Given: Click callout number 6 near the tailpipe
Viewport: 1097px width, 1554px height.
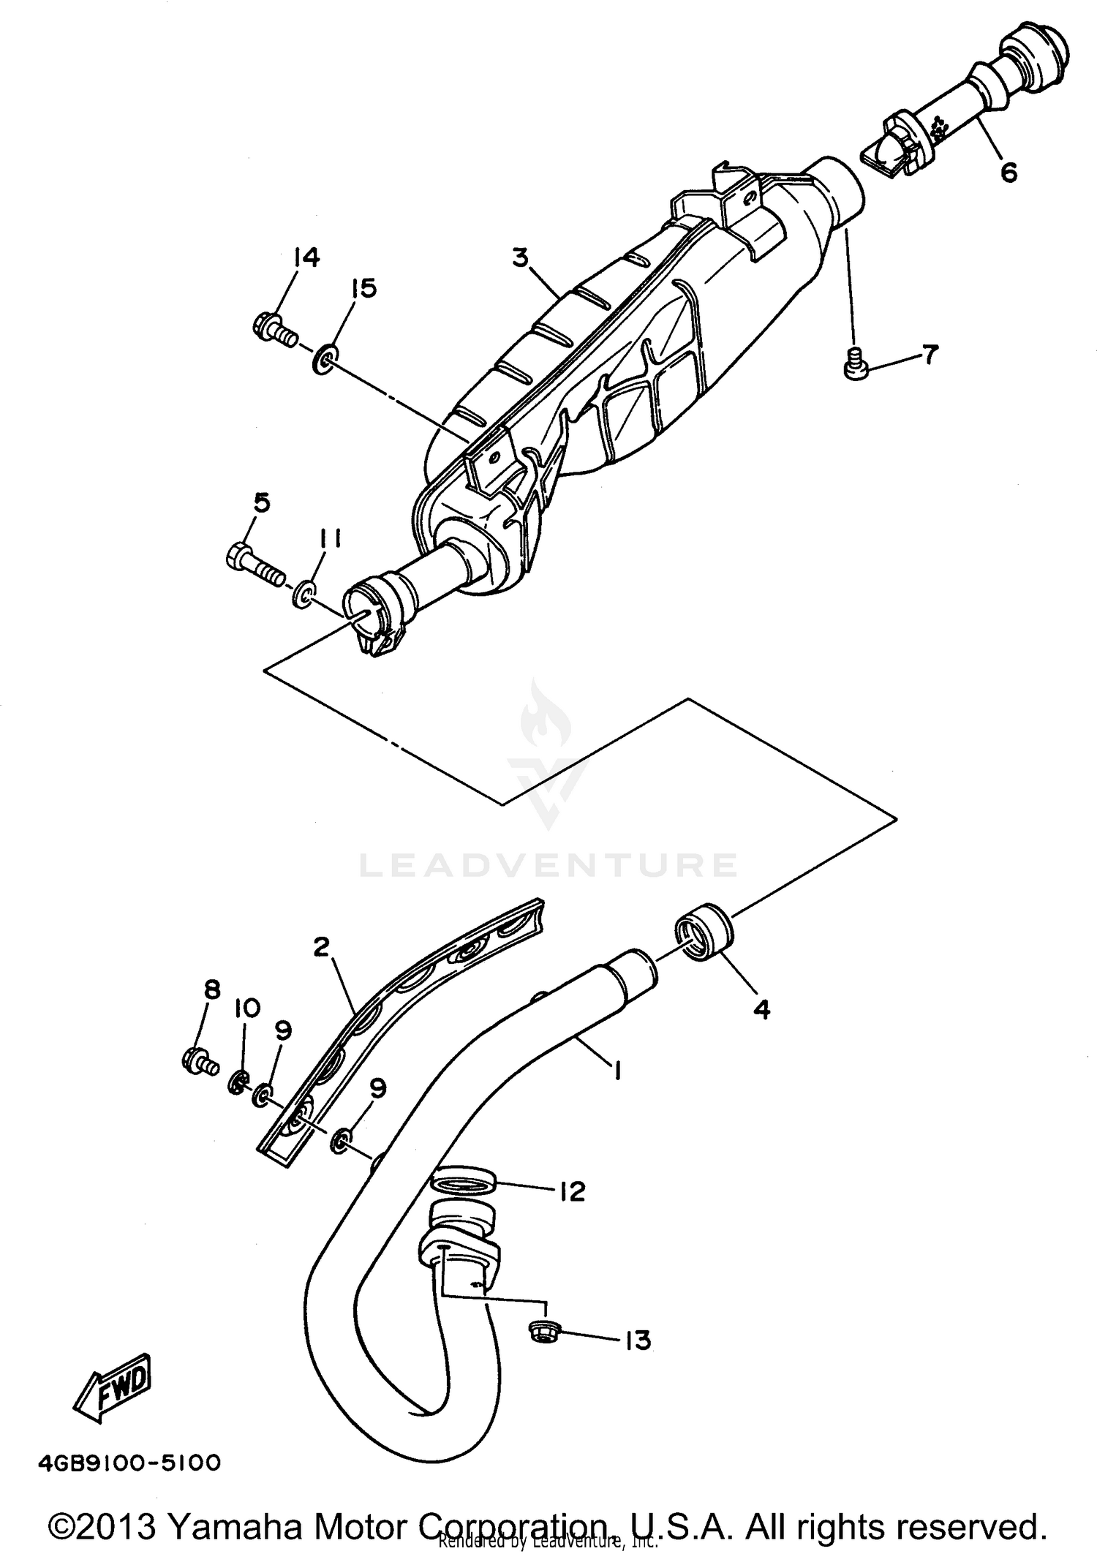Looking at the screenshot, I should click(1009, 173).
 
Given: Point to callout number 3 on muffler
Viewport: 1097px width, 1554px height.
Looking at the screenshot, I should click(519, 258).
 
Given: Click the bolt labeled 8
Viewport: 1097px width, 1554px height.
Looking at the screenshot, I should click(197, 1061).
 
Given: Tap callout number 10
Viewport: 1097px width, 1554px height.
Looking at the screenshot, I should click(247, 1009).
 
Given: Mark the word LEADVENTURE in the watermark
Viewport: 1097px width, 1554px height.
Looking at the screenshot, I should click(548, 865).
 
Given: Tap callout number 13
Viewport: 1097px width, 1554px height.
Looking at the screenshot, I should click(637, 1341).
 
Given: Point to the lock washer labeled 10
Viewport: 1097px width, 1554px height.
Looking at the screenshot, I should click(238, 1083).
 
